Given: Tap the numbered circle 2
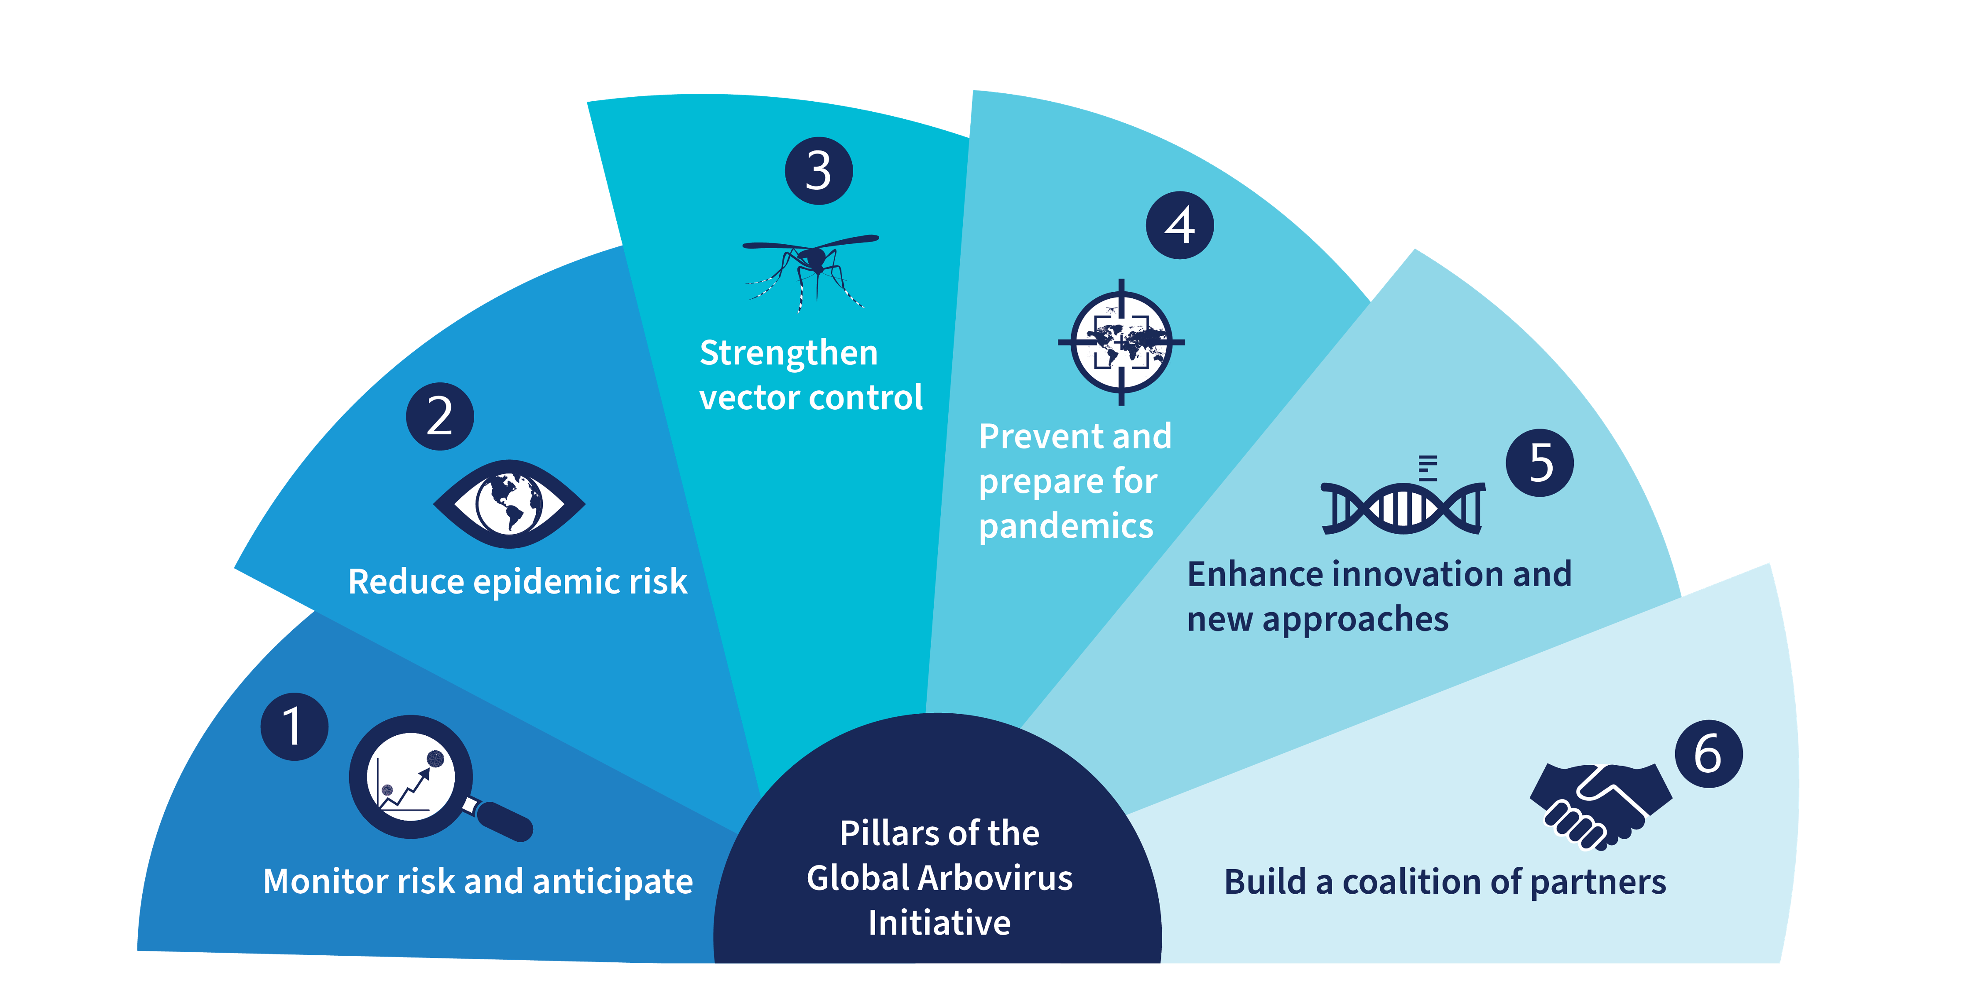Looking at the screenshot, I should pos(440,416).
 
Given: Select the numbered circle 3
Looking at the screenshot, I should pos(818,170).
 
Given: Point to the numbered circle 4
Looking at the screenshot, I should pos(1180,225).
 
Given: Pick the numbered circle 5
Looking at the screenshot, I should pos(1540,462).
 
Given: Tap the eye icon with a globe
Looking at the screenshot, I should pos(509,504).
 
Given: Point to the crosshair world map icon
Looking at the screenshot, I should pos(1121,342).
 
